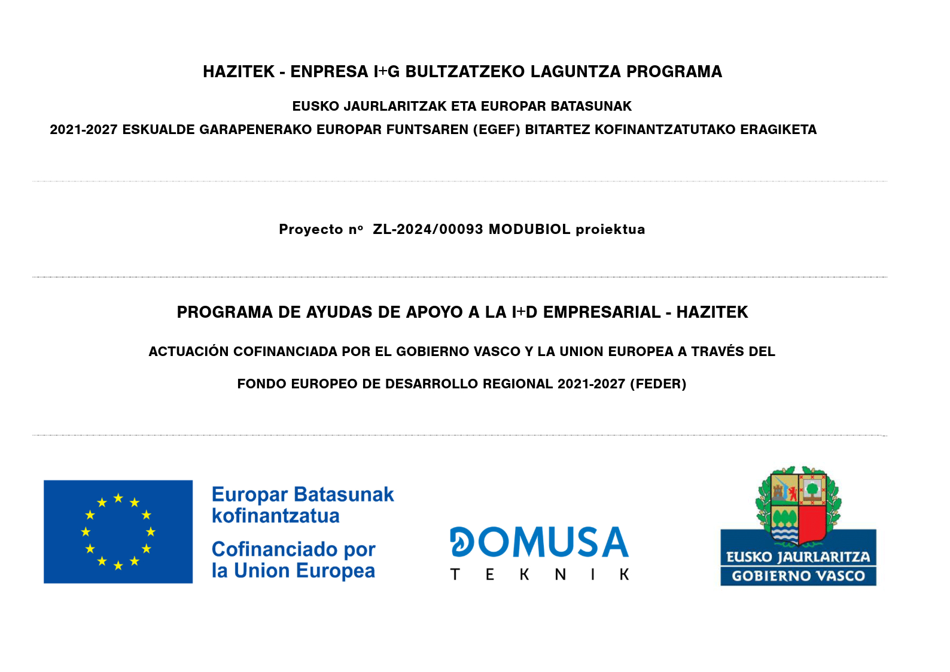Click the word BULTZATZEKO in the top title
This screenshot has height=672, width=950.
pyautogui.click(x=465, y=72)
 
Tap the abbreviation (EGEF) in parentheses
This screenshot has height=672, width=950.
pyautogui.click(x=496, y=130)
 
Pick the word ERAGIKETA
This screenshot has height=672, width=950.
pyautogui.click(x=778, y=130)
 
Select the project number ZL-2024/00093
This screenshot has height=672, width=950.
pyautogui.click(x=428, y=230)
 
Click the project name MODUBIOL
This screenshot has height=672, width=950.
pyautogui.click(x=529, y=230)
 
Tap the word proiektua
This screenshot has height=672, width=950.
pyautogui.click(x=610, y=230)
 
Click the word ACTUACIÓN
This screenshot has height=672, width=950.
pyautogui.click(x=188, y=352)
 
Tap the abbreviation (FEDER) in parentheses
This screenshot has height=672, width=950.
pyautogui.click(x=658, y=384)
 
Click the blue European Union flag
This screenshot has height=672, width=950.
pyautogui.click(x=118, y=531)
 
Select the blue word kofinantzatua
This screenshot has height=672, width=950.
pyautogui.click(x=276, y=516)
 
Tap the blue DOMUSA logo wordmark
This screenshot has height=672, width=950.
pyautogui.click(x=539, y=542)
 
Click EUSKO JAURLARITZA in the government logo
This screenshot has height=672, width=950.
pyautogui.click(x=798, y=557)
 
